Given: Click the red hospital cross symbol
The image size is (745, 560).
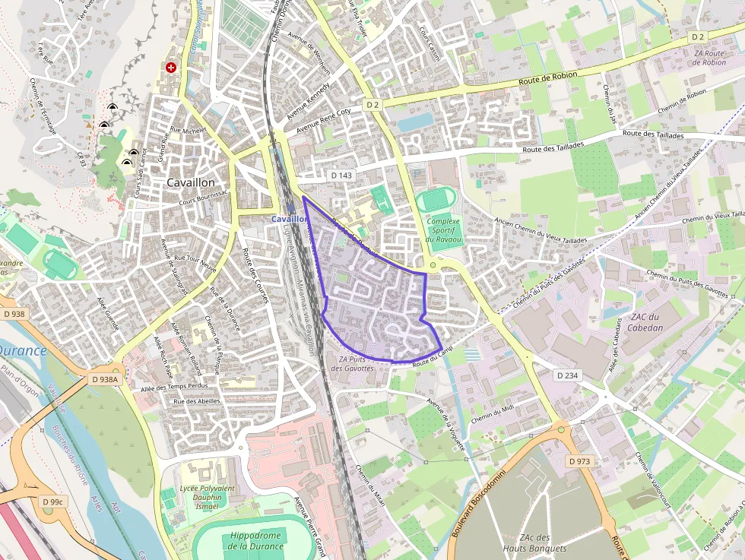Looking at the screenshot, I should click(x=171, y=68).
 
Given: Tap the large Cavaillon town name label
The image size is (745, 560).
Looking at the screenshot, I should click(x=191, y=183).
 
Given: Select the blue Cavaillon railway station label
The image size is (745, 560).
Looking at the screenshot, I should click(x=290, y=218).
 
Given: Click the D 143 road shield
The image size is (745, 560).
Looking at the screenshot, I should click(x=342, y=175).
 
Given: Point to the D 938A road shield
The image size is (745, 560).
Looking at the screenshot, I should click(x=105, y=379).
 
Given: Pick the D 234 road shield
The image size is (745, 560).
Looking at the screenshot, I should click(x=568, y=375).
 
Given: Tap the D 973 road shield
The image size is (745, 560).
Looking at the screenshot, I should click(x=580, y=461).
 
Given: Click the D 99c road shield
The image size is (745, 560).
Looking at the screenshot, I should click(x=52, y=501).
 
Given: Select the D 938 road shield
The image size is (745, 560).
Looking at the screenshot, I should click(x=14, y=314).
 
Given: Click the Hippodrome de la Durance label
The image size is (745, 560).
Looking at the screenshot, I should click(x=255, y=541).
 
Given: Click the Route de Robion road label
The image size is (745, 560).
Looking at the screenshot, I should click(x=548, y=78).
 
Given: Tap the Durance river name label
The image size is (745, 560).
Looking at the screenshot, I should click(x=23, y=351).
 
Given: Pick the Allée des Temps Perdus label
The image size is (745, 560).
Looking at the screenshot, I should click(x=174, y=388).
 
